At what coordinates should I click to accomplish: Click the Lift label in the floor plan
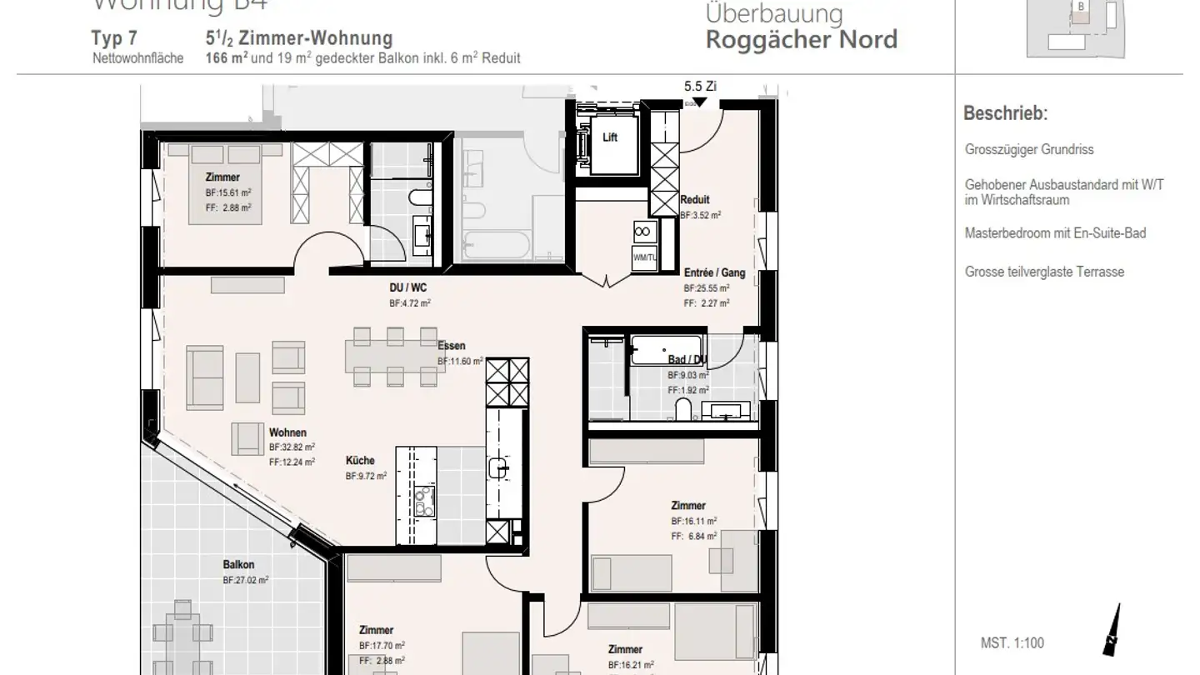pyautogui.click(x=610, y=137)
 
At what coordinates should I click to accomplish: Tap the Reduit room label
pyautogui.click(x=695, y=200)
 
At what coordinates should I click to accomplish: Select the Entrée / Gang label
pyautogui.click(x=714, y=273)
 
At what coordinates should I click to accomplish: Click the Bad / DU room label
pyautogui.click(x=688, y=360)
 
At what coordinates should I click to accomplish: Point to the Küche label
pyautogui.click(x=360, y=461)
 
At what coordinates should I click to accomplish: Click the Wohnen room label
pyautogui.click(x=287, y=433)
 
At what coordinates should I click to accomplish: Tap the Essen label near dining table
pyautogui.click(x=452, y=346)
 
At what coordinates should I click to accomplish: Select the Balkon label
pyautogui.click(x=238, y=565)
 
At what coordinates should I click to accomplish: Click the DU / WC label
pyautogui.click(x=408, y=288)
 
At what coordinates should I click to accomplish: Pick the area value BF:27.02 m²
pyautogui.click(x=245, y=581)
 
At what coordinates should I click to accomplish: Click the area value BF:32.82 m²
pyautogui.click(x=292, y=447)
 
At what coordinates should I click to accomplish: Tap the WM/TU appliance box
pyautogui.click(x=644, y=257)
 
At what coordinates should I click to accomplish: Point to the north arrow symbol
pyautogui.click(x=1112, y=632)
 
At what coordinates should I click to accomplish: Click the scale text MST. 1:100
pyautogui.click(x=1012, y=642)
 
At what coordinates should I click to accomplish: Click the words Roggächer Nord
pyautogui.click(x=801, y=39)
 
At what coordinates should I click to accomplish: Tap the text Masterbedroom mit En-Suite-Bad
pyautogui.click(x=1055, y=233)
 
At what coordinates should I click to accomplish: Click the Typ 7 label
pyautogui.click(x=114, y=39)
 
